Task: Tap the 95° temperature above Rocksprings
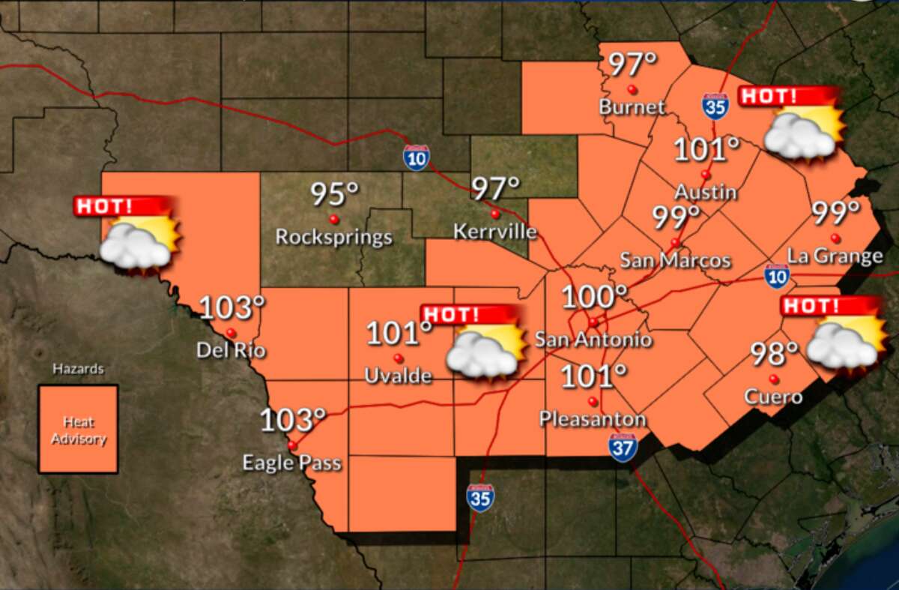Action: pyautogui.click(x=335, y=194)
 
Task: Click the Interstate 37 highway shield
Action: pyautogui.click(x=623, y=447)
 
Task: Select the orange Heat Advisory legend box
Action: pyautogui.click(x=79, y=430)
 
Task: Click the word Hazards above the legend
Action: pyautogui.click(x=78, y=369)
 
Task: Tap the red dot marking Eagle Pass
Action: pyautogui.click(x=292, y=445)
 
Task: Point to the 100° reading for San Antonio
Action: pyautogui.click(x=594, y=298)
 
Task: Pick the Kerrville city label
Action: pyautogui.click(x=495, y=232)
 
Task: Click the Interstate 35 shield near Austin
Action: pyautogui.click(x=715, y=106)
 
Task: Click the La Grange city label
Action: pyautogui.click(x=835, y=256)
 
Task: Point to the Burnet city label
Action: pyautogui.click(x=632, y=107)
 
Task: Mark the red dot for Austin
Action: pyautogui.click(x=705, y=174)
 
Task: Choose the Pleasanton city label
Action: pyautogui.click(x=593, y=419)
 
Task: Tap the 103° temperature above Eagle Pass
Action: pyautogui.click(x=293, y=421)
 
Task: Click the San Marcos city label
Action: pyautogui.click(x=675, y=261)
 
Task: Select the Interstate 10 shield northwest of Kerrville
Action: pyautogui.click(x=417, y=157)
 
